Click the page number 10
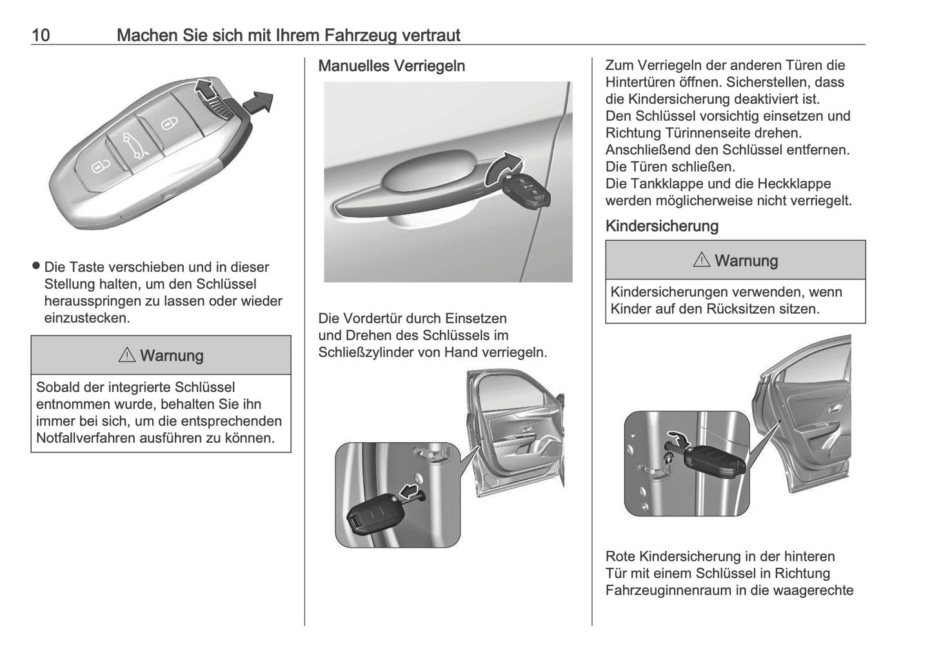click(41, 35)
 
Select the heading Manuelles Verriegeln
click(392, 66)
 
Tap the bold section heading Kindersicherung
click(662, 226)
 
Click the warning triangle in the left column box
click(127, 356)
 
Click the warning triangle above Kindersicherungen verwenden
click(702, 261)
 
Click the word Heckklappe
click(794, 184)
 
